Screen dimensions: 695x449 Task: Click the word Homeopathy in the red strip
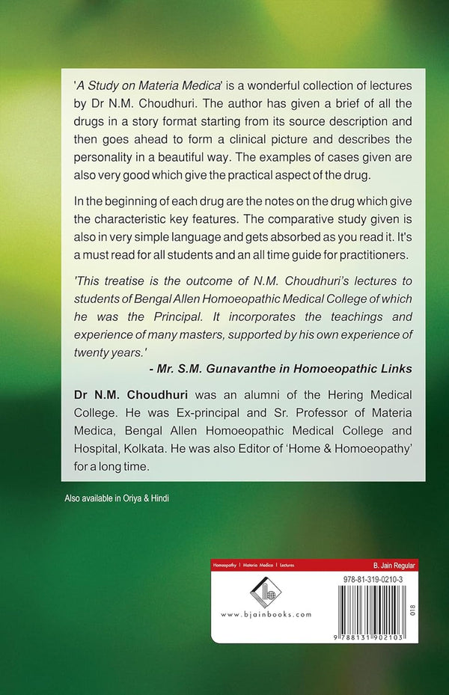coord(225,566)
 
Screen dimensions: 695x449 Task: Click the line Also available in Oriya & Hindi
coord(116,497)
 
